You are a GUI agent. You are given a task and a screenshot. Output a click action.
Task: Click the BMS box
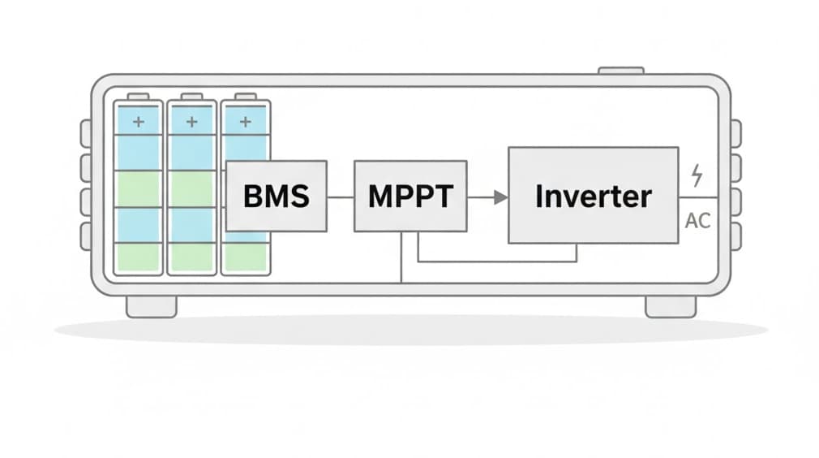(x=276, y=196)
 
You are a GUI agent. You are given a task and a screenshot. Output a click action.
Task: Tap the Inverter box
(x=593, y=195)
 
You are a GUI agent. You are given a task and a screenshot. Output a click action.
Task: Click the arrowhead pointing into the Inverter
(x=501, y=197)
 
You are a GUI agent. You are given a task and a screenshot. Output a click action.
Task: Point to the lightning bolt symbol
(x=696, y=174)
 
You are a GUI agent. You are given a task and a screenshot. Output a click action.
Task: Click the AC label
(x=697, y=221)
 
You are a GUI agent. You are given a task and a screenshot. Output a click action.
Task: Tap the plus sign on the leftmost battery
(x=138, y=122)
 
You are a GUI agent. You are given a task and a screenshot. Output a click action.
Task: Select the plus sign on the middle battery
(x=191, y=122)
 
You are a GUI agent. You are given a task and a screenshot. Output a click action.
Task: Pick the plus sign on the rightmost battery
(x=245, y=122)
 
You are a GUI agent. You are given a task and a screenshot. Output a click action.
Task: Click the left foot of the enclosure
(x=151, y=306)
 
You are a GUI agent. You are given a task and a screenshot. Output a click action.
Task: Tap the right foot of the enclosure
(x=670, y=306)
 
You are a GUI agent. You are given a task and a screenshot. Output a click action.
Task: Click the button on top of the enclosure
(x=620, y=71)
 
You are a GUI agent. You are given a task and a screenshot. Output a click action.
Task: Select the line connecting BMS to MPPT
(x=341, y=197)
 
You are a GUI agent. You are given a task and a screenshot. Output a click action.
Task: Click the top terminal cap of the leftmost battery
(x=138, y=97)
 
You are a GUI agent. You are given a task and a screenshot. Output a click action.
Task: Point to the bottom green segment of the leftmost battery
(x=138, y=257)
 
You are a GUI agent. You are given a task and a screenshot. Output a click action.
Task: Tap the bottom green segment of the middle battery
(x=191, y=257)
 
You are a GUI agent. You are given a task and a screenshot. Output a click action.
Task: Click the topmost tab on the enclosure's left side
(x=85, y=132)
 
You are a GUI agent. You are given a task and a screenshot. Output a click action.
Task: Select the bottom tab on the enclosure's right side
(x=735, y=235)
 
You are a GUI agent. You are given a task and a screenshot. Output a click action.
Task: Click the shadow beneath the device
(x=410, y=329)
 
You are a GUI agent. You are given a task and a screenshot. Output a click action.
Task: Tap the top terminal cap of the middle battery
(x=191, y=97)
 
